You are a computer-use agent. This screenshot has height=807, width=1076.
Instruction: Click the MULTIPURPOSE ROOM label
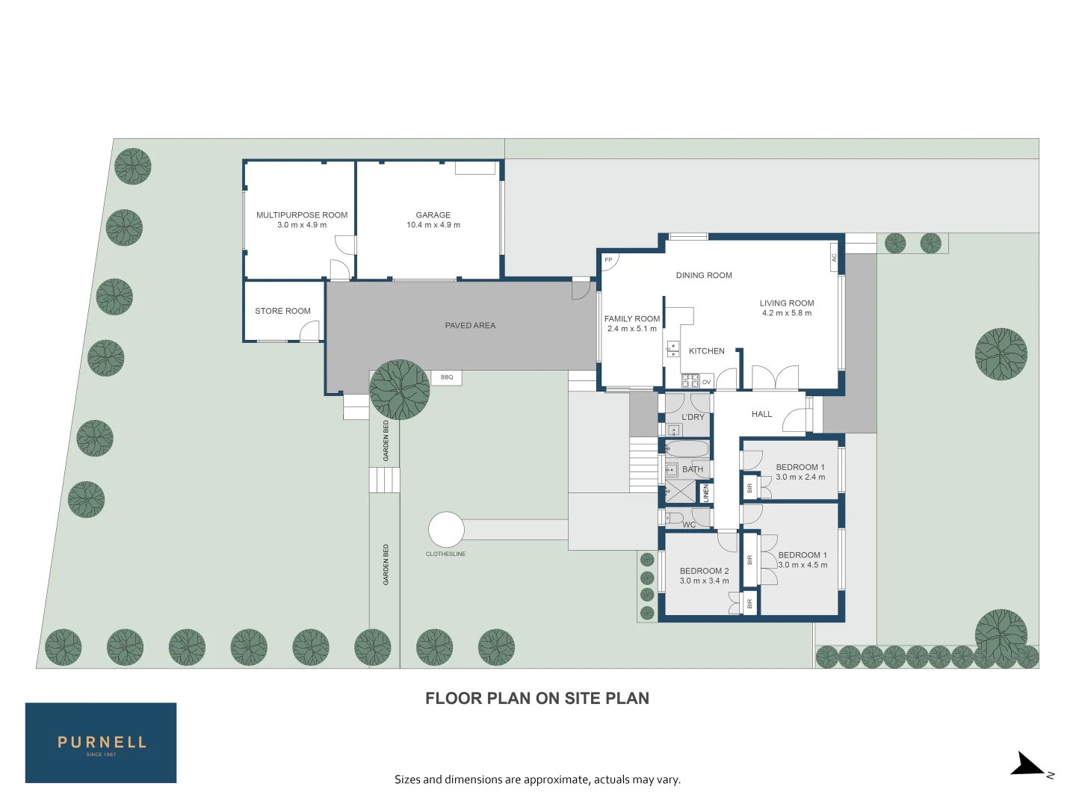tap(302, 215)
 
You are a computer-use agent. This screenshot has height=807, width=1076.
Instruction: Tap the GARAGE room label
tap(433, 215)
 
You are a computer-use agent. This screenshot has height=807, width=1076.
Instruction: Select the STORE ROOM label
tap(282, 311)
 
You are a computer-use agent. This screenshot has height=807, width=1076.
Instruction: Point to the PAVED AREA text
tap(470, 326)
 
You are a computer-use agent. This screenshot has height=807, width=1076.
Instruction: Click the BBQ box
tap(447, 377)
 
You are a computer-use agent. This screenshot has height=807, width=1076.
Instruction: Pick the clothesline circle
tap(446, 530)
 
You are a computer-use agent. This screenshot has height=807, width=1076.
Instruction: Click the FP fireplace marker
tap(608, 260)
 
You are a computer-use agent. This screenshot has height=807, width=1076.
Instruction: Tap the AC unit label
tap(834, 258)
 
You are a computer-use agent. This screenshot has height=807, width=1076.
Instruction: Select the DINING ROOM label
tap(704, 276)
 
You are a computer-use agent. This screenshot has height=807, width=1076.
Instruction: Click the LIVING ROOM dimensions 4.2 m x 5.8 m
tap(787, 313)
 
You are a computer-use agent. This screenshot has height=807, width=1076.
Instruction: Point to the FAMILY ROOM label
tap(632, 319)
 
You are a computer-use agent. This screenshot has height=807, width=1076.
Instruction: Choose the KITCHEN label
tap(707, 351)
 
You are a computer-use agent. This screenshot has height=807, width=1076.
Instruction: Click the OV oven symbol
tap(706, 382)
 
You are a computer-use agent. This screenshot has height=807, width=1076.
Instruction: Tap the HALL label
tap(761, 414)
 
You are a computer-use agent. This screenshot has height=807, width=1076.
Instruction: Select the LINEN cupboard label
tap(705, 492)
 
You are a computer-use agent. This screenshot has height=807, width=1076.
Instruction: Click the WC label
tap(689, 525)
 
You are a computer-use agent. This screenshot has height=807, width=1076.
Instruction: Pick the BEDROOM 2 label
tap(704, 571)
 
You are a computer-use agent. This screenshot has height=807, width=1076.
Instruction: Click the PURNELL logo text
tap(102, 742)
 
